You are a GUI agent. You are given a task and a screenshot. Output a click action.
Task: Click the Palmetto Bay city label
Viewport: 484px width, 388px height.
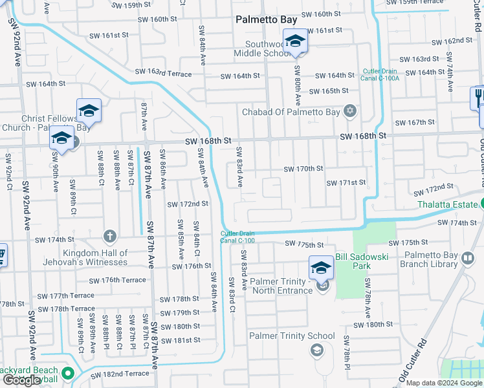pyautogui.click(x=266, y=20)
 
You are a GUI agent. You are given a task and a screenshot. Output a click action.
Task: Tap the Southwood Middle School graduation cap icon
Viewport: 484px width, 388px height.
pyautogui.click(x=295, y=42)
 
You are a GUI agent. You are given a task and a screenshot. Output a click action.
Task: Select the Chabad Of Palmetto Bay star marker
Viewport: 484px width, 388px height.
pyautogui.click(x=350, y=112)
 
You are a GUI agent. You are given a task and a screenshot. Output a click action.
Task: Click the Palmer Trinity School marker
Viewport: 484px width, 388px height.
pyautogui.click(x=317, y=350)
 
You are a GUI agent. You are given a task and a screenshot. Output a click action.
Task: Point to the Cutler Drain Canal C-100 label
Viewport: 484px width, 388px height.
pyautogui.click(x=237, y=237)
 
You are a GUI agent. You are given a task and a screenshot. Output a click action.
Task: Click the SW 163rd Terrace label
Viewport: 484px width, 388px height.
pyautogui.click(x=163, y=73)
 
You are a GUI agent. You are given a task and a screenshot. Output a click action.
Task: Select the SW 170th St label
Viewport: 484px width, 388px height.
pyautogui.click(x=303, y=169)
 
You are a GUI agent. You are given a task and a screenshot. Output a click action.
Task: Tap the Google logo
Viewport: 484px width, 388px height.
pyautogui.click(x=22, y=380)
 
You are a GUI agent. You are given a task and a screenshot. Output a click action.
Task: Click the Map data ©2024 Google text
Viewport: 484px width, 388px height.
pyautogui.click(x=445, y=383)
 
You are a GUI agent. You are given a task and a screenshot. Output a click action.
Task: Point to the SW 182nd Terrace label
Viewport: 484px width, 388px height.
pyautogui.click(x=120, y=374)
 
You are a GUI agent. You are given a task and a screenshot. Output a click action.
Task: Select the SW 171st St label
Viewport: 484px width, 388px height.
pyautogui.click(x=346, y=183)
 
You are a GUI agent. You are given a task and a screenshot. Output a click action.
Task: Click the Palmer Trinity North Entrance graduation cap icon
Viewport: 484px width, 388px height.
pyautogui.click(x=322, y=268)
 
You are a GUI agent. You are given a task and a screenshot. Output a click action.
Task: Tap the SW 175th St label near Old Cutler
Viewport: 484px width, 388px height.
pyautogui.click(x=404, y=242)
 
